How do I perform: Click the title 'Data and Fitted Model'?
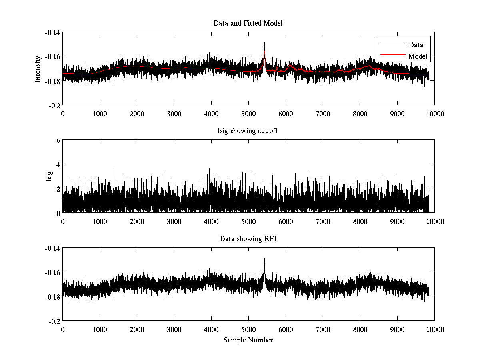pos(248,23)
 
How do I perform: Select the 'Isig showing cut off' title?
pos(248,131)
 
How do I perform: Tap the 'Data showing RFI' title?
pos(248,239)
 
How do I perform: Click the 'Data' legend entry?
pos(416,45)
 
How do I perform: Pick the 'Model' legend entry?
pos(418,56)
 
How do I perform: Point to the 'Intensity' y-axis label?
pos(38,68)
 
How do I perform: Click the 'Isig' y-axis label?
pos(49,176)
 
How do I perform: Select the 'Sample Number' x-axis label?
pos(248,340)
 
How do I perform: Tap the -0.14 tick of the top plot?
pos(53,32)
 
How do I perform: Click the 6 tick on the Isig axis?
pos(58,140)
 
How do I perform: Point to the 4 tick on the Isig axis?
pos(58,164)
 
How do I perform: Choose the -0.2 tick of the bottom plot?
pos(54,321)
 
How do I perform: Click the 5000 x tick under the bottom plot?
pos(248,329)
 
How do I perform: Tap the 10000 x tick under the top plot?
pos(434,114)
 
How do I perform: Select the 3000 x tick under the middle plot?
pos(174,221)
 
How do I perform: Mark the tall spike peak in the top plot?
pos(264,42)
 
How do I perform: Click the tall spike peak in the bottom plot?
pos(264,258)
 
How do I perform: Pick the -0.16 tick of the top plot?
pos(53,56)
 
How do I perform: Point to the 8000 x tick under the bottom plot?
pos(360,329)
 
